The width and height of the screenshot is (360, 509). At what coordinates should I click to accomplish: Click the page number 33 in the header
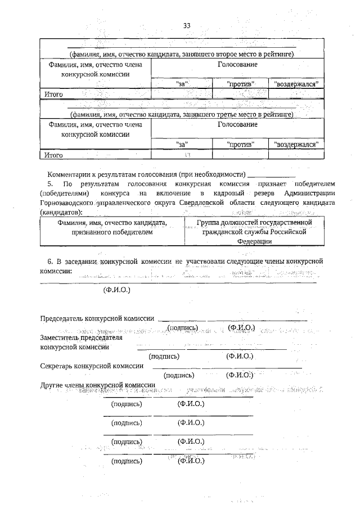click(187, 25)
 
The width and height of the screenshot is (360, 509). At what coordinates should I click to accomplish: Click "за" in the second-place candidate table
click(182, 83)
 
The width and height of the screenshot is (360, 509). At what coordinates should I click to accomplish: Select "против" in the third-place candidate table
click(240, 144)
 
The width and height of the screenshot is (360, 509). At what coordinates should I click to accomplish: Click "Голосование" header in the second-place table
click(237, 65)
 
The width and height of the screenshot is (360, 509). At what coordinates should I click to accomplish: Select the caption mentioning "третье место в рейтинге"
click(182, 114)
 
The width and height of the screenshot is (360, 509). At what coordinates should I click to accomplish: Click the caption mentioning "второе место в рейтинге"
click(182, 54)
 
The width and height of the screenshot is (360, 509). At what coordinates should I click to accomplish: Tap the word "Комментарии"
click(70, 174)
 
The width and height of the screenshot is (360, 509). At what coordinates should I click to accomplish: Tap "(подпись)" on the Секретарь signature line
click(178, 375)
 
